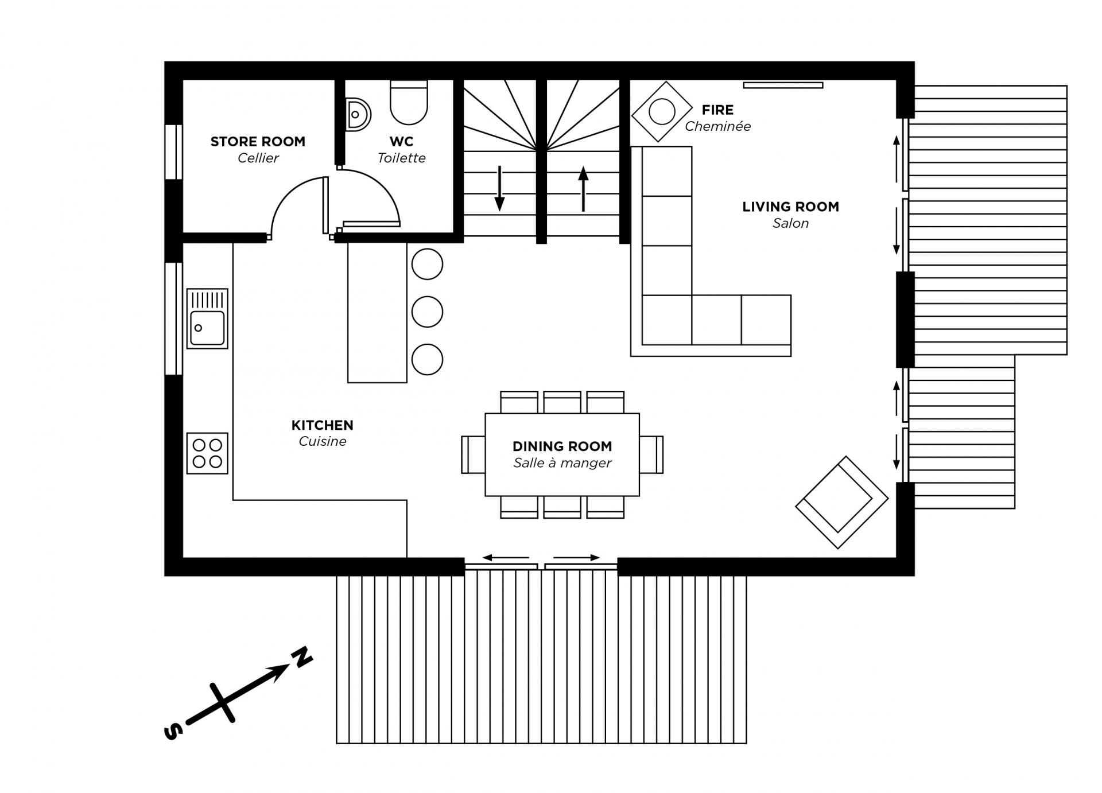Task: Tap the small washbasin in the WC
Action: [358, 114]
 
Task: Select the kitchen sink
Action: [207, 318]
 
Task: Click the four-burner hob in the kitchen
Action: [207, 453]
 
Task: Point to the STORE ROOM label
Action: [258, 142]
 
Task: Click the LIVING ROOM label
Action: [790, 207]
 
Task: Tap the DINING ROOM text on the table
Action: [562, 446]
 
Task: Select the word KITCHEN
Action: [322, 425]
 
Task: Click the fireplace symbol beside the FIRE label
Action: [662, 111]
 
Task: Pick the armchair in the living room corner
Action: [841, 502]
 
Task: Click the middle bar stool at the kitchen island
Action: [427, 312]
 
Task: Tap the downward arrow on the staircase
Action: [500, 189]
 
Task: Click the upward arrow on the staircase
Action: [583, 189]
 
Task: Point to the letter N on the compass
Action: [302, 656]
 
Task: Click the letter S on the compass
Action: [173, 731]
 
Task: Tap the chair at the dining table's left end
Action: [473, 454]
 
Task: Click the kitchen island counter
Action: [377, 313]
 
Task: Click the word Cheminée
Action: [717, 126]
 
